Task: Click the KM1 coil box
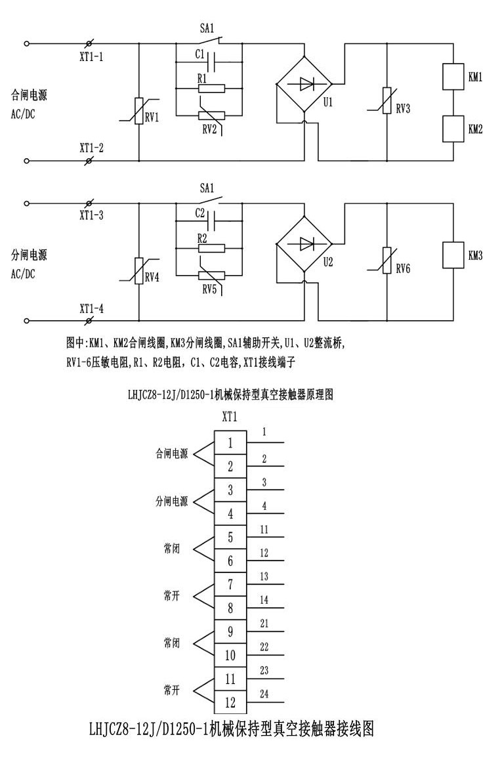click(x=453, y=76)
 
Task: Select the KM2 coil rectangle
click(x=453, y=128)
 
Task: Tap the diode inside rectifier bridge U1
click(x=304, y=83)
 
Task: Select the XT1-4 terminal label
click(x=91, y=308)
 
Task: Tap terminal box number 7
click(x=230, y=583)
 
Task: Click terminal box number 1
click(x=230, y=443)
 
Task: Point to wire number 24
click(x=264, y=693)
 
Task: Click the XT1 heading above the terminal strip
click(x=230, y=417)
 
